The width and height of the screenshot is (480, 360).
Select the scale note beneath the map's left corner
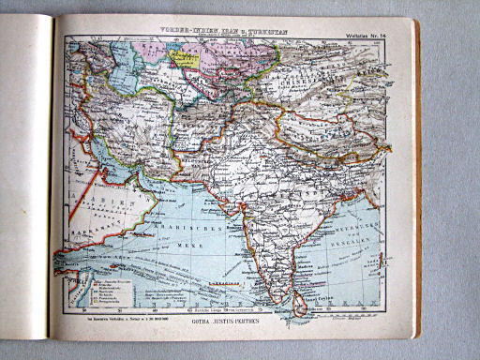point(102,321)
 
